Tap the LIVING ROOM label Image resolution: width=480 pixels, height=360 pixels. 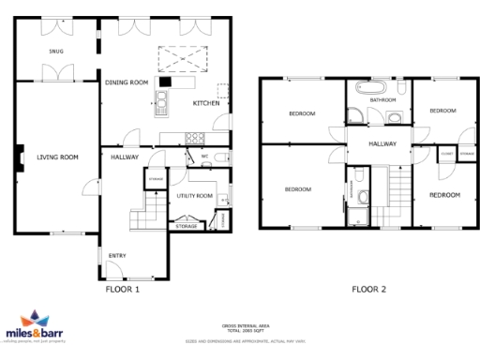pos(56,157)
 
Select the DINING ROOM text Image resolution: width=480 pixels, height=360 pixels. pos(127,82)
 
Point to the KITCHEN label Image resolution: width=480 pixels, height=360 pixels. pos(206,102)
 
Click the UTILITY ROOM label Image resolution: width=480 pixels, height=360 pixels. pos(195,196)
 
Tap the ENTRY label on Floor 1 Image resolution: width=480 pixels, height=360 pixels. pos(117,255)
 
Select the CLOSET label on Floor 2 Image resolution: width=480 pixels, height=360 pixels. pos(446,153)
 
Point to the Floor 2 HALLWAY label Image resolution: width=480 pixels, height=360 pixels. pos(382,143)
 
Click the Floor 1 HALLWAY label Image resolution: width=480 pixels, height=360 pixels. pos(125,157)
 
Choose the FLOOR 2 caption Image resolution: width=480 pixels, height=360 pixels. pos(368,289)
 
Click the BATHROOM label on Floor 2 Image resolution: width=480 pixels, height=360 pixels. pos(382,99)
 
